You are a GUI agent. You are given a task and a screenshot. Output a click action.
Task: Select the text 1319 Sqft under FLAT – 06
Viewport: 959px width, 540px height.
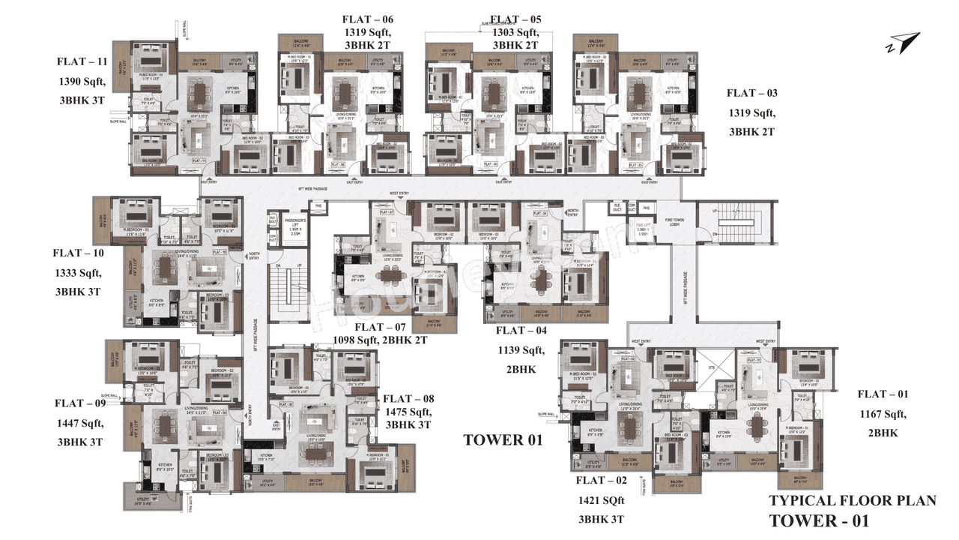[x=367, y=32]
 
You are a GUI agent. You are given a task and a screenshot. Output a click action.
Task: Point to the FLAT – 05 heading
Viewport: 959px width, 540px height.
[x=515, y=19]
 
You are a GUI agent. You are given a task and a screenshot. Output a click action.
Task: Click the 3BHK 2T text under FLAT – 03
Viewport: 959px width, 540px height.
[x=751, y=131]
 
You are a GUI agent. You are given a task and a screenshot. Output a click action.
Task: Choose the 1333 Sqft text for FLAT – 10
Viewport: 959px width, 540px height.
[x=78, y=272]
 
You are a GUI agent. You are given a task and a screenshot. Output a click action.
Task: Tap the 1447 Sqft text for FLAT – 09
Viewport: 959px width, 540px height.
[x=79, y=423]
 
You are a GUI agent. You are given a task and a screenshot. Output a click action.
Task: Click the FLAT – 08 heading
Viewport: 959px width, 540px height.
[x=408, y=399]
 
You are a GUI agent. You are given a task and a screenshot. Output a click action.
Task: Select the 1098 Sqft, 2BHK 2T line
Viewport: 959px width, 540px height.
[x=380, y=340]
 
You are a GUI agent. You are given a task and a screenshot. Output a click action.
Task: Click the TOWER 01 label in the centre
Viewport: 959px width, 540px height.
[x=502, y=440]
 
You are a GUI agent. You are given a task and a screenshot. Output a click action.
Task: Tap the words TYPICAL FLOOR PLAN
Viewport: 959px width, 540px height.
[x=853, y=501]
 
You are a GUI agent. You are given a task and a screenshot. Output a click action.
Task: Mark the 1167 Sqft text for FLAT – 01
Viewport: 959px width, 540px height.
[x=882, y=413]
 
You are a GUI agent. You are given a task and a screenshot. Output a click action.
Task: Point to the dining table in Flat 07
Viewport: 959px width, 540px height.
[x=388, y=275]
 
